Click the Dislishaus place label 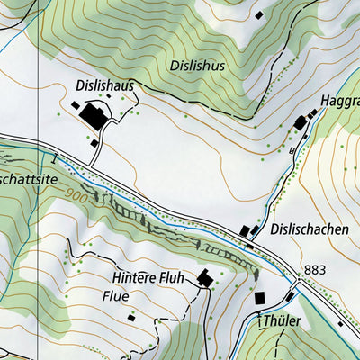tap(105, 85)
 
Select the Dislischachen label tap(309, 229)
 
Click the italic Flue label tap(115, 295)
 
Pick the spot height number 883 tap(315, 270)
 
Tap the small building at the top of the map tap(259, 15)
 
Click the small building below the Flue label tap(130, 317)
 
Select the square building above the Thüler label tap(260, 297)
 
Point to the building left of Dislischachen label tap(247, 231)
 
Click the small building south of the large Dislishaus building tap(94, 142)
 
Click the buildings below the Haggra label tap(301, 121)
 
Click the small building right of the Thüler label tap(338, 325)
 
